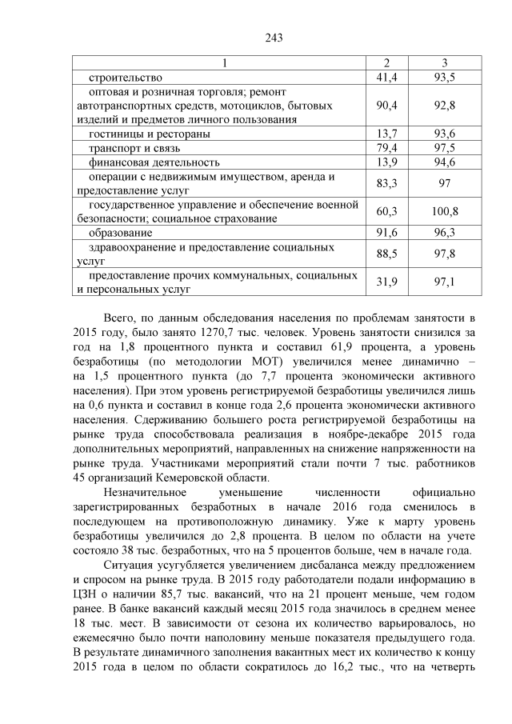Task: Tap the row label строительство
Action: [x=126, y=78]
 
